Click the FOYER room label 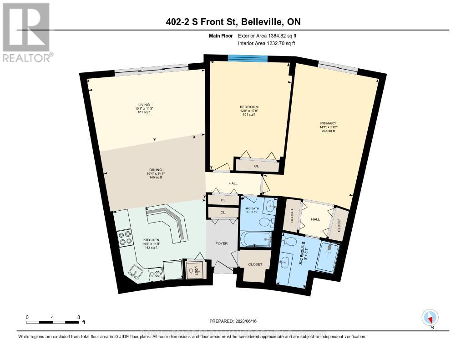tap(222, 243)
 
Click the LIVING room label tap(144, 104)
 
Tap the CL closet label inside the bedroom tap(256, 166)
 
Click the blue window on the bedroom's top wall tap(248, 57)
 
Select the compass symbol tap(429, 317)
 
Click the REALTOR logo tap(26, 32)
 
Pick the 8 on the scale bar tap(78, 317)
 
